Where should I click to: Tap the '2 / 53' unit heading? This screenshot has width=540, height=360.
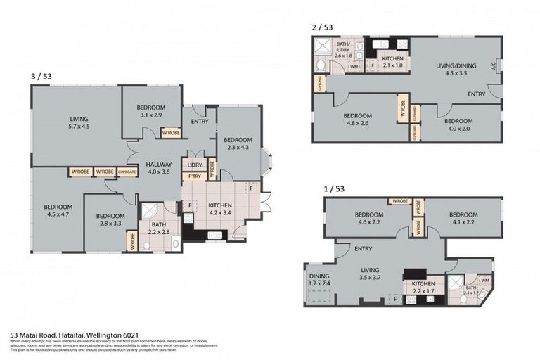(x=322, y=27)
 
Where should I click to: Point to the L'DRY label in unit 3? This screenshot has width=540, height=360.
(x=194, y=165)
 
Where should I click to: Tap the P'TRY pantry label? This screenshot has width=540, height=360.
(x=194, y=176)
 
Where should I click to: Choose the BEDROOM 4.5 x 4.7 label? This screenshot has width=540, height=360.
(x=58, y=210)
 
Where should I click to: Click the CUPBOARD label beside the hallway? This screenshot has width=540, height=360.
(x=127, y=172)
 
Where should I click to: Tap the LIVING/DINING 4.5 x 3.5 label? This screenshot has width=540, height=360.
(x=456, y=69)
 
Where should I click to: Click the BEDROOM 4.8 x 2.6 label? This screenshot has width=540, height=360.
(x=357, y=119)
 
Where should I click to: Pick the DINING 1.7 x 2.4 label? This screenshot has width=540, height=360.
(x=320, y=280)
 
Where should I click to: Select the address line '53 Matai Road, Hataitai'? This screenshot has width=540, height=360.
(x=71, y=335)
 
